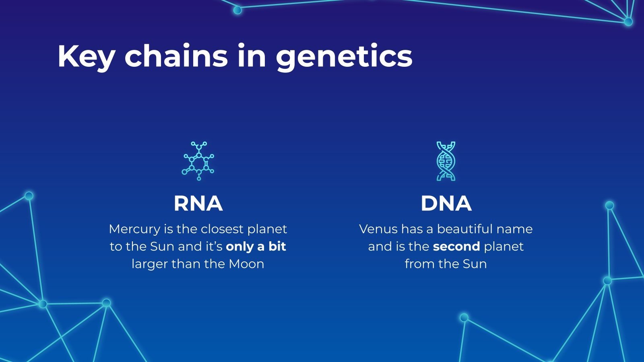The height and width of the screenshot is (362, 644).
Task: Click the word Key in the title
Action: click(86, 57)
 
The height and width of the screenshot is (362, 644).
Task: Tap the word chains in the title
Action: click(176, 55)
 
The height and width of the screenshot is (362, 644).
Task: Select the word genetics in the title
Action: click(344, 57)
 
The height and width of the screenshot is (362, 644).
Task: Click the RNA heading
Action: click(198, 204)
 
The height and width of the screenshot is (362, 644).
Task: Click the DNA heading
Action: click(446, 204)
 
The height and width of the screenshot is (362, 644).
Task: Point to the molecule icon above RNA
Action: click(198, 161)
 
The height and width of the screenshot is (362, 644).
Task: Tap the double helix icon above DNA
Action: click(446, 161)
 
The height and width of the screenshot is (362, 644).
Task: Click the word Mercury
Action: click(134, 230)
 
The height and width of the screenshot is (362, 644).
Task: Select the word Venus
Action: click(378, 229)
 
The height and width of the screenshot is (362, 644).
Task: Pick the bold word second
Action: click(456, 247)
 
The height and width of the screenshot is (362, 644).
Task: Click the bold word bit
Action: click(277, 247)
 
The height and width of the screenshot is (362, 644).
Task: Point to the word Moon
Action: click(246, 264)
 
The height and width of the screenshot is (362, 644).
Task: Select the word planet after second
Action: click(504, 247)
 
